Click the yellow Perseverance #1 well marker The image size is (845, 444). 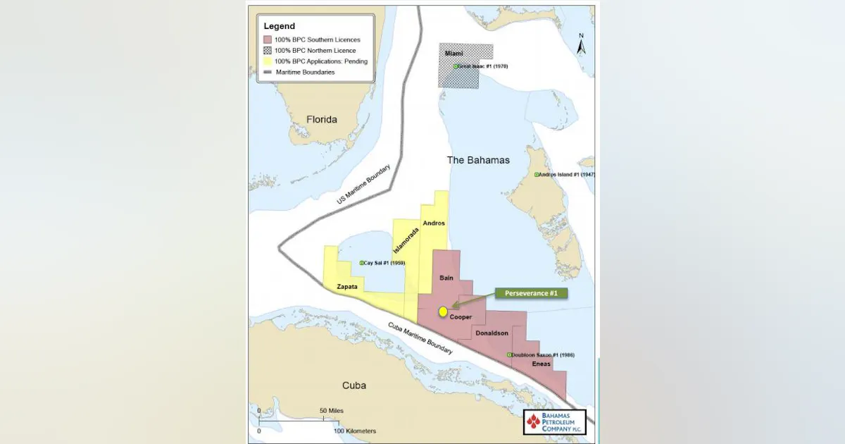[442, 312]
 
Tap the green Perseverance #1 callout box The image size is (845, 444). [532, 292]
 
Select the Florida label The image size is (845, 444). [322, 120]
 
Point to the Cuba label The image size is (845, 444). [353, 386]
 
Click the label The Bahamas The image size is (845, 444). [478, 161]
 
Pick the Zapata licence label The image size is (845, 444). [347, 287]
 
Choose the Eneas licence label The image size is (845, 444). [540, 364]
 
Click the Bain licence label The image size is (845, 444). [446, 278]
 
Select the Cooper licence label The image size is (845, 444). [461, 317]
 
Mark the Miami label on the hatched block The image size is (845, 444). [455, 54]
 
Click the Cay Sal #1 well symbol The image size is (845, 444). [361, 263]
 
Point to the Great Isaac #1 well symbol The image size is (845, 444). [456, 66]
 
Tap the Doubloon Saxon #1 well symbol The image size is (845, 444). [509, 355]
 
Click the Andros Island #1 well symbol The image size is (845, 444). [536, 174]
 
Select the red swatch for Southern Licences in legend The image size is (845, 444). [268, 40]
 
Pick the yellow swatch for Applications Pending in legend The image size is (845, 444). [268, 61]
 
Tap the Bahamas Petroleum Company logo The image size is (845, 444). [554, 423]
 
